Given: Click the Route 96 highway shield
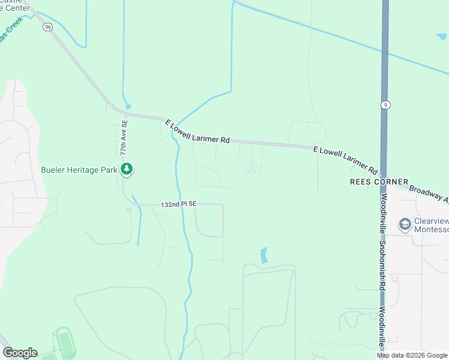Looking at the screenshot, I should pos(47,26).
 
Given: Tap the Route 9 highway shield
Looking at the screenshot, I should pos(385,104).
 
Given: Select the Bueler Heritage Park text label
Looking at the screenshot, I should pos(79,170).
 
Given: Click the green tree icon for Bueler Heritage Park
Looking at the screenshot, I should pos(126,170).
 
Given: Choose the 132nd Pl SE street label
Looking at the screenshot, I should pos(178,205).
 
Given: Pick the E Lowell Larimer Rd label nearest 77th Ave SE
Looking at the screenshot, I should pos(197,131).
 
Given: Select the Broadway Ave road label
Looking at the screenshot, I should pos(430,194).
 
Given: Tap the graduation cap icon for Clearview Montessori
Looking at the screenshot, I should pos(405,225).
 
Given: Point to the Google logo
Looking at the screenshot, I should pos(20,353).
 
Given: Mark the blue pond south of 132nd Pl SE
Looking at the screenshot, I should pos(264,256).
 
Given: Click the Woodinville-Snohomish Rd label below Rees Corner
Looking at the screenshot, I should pos(383,243).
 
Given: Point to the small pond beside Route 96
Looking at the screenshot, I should pos(127,106).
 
